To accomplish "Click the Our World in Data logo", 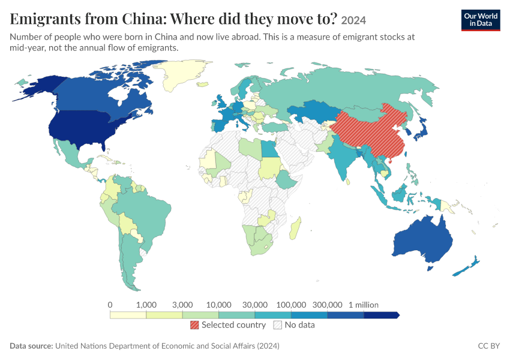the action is pos(481,20).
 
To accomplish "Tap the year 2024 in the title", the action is pos(353,20).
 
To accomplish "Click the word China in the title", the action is pos(144,19).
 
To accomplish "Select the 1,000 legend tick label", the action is pos(146,305).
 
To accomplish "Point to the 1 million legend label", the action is pos(364,305).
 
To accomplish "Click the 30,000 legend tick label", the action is pos(255,305).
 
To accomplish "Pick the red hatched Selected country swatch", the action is pos(194,325).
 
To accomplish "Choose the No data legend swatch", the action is pos(278,325).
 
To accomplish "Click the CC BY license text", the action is pos(489,346).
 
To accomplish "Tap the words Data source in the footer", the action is pos(31,346).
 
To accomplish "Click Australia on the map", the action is pos(423,241).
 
